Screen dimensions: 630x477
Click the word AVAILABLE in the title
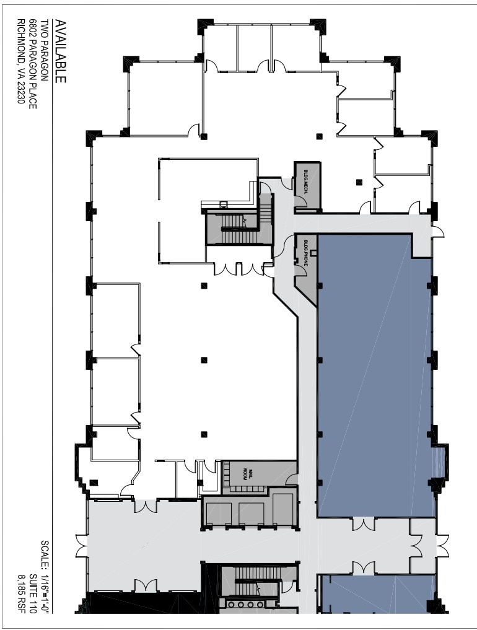[61, 51]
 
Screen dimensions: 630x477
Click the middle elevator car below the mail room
[251, 514]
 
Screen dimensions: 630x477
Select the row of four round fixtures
[243, 605]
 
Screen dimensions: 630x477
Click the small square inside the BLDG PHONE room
[313, 252]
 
